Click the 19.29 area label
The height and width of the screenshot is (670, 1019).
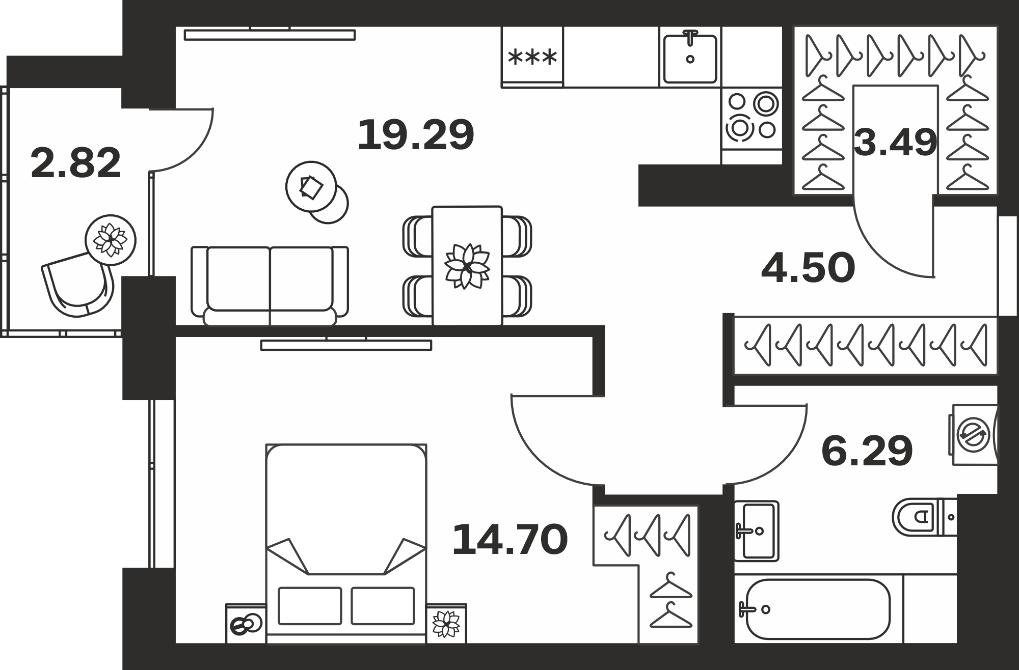(x=416, y=135)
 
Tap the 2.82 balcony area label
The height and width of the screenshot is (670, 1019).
(x=76, y=163)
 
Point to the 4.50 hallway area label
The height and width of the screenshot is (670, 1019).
(x=808, y=268)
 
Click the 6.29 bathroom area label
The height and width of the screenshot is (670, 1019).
(x=867, y=451)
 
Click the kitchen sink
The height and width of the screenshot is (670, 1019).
(x=690, y=58)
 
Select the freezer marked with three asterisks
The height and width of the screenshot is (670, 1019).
(x=532, y=57)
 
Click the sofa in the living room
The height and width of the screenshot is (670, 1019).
(x=270, y=286)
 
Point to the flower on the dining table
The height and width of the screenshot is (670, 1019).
(x=467, y=266)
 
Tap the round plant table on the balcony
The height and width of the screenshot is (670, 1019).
(x=111, y=240)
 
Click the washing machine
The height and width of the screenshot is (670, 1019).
(x=973, y=435)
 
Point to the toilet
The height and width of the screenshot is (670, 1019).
(x=924, y=517)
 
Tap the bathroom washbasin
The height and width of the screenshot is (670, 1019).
(x=757, y=531)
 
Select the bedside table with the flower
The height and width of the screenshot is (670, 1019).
(x=446, y=624)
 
